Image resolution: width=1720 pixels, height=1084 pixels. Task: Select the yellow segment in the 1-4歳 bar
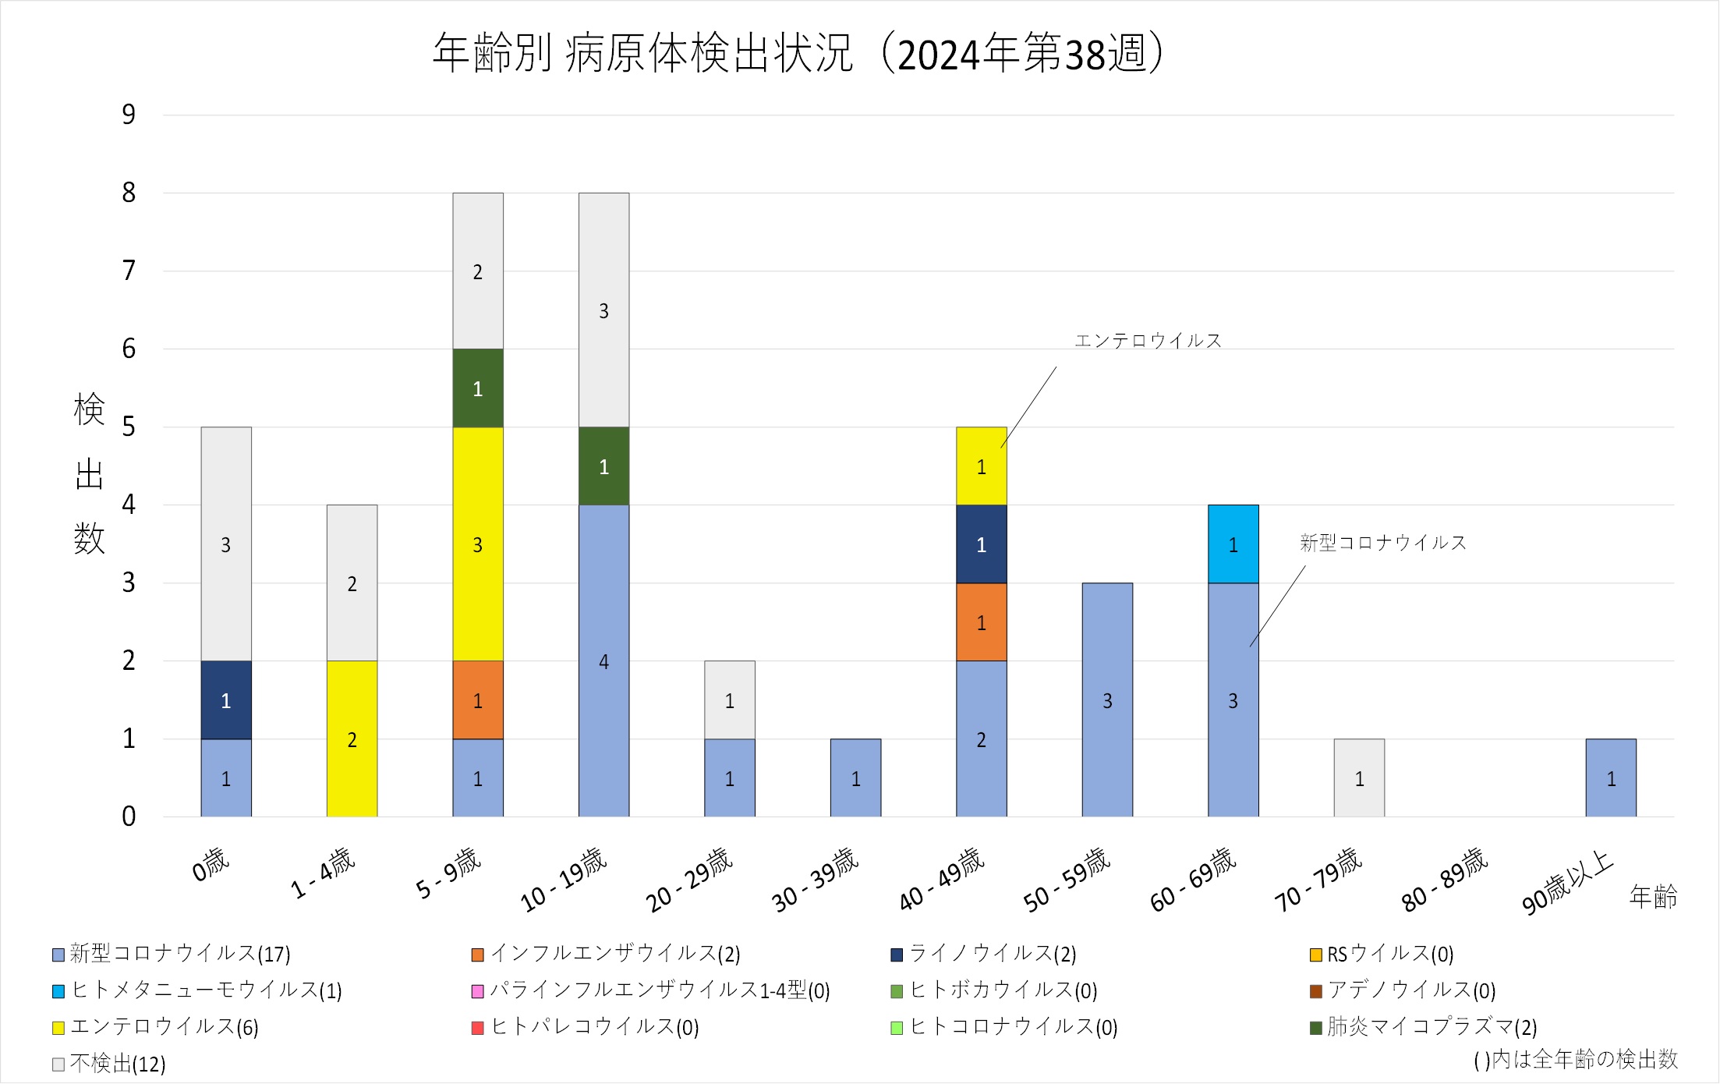click(352, 738)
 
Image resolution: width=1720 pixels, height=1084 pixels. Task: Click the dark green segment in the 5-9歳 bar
click(478, 388)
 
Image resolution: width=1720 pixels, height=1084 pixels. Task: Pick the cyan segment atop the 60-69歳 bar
click(1233, 544)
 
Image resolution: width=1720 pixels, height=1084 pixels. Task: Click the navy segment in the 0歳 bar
click(226, 700)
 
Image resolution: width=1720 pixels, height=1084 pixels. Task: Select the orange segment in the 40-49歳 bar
click(981, 622)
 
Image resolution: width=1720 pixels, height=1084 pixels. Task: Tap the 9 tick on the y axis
click(129, 115)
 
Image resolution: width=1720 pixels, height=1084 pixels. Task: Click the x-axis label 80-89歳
click(1445, 879)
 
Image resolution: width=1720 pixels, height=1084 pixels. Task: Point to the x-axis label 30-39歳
click(815, 879)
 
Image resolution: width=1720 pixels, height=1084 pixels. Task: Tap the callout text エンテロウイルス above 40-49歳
click(1148, 341)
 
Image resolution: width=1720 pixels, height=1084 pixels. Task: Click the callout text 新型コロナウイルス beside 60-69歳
click(1382, 543)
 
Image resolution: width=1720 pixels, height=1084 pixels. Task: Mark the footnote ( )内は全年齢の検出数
click(1575, 1059)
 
